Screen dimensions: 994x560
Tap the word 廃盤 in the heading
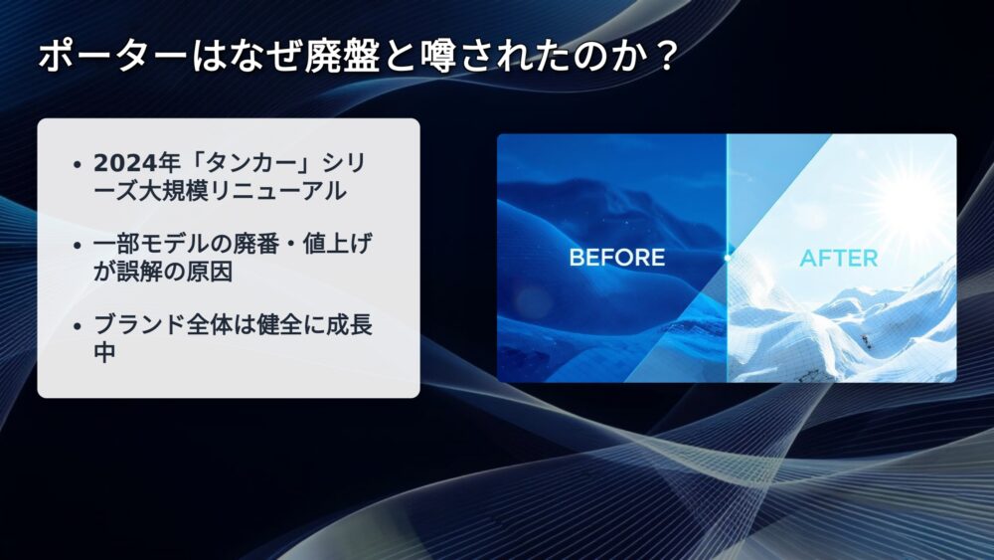click(341, 57)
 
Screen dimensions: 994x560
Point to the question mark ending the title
click(665, 57)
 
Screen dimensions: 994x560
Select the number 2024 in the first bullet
click(125, 164)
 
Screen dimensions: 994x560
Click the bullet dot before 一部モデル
click(78, 246)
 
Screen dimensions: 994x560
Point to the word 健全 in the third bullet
click(280, 325)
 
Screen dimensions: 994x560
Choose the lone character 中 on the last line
click(104, 353)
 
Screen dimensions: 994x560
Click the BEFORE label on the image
click(617, 258)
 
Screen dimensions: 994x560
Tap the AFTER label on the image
click(838, 259)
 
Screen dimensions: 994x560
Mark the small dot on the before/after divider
click(728, 259)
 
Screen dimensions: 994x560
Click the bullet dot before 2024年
click(78, 165)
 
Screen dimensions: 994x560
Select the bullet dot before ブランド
click(78, 326)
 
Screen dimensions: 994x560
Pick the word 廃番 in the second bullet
click(256, 244)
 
